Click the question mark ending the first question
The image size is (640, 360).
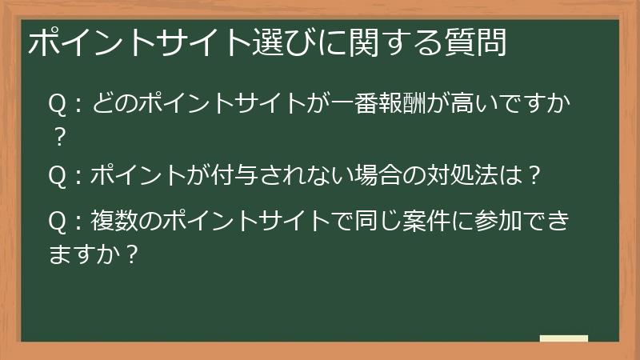tap(57, 138)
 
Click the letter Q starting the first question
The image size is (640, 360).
tap(57, 105)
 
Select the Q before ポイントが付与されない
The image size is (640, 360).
tap(57, 175)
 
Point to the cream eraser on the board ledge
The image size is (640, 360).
tap(564, 338)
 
